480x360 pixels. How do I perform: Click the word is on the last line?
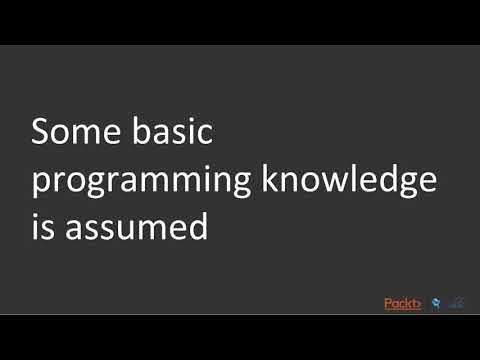(x=43, y=228)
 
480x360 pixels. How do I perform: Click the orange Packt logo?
(x=403, y=302)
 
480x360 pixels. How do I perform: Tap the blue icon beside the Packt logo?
(x=436, y=302)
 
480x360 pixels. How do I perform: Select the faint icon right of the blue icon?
(x=456, y=302)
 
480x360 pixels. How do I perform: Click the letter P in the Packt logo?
(x=388, y=302)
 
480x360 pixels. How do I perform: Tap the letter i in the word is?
(x=36, y=228)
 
